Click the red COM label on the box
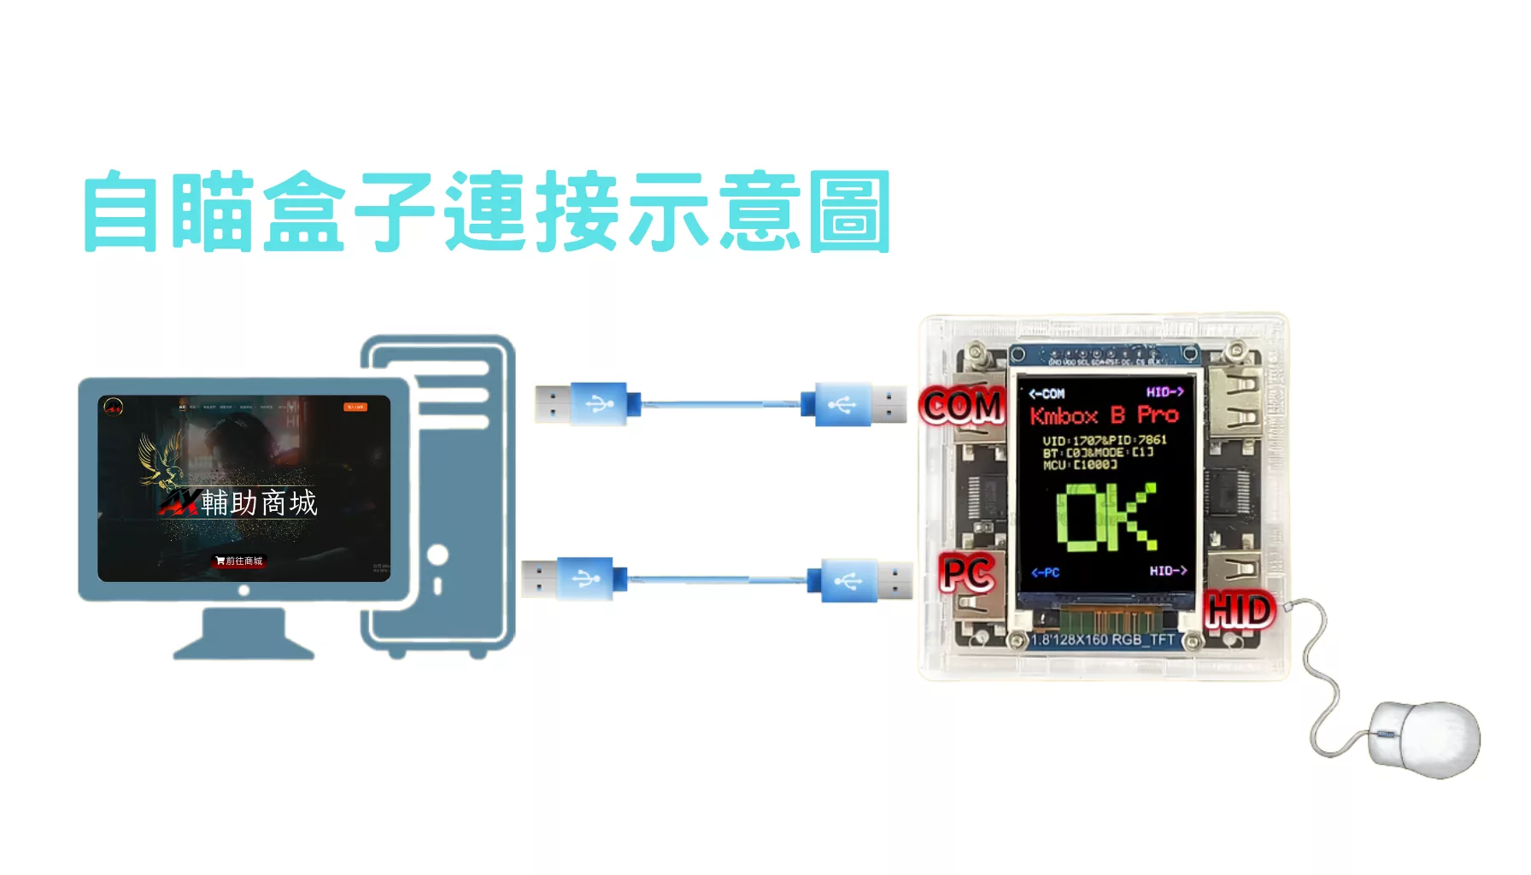click(963, 407)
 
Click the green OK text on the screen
click(1107, 517)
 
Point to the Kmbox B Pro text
click(1104, 416)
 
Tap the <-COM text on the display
click(1047, 394)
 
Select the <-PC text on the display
click(1045, 573)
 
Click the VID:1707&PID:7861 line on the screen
click(1104, 440)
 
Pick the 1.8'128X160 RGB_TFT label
click(1103, 640)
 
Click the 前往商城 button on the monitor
click(240, 561)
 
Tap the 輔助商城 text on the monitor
click(259, 503)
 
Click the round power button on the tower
click(438, 555)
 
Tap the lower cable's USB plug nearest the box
click(866, 581)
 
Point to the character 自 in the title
click(121, 212)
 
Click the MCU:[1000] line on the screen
click(1080, 465)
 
